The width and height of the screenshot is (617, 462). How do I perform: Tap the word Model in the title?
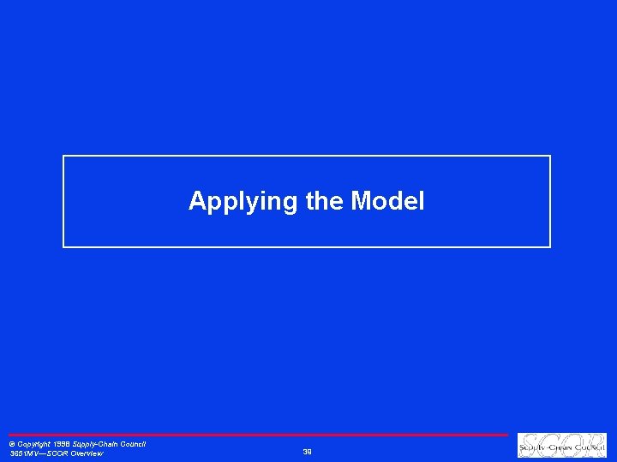tap(387, 202)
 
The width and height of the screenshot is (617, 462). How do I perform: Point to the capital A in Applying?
tap(196, 202)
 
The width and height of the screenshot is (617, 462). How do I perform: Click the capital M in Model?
tap(361, 202)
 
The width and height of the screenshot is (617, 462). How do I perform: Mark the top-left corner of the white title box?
tap(63, 156)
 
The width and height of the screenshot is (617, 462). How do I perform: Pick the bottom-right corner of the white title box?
tap(550, 247)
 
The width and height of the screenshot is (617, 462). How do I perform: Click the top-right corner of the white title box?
tap(550, 156)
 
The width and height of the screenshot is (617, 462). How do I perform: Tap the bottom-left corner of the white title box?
tap(63, 247)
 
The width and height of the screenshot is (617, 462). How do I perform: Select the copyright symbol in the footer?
tap(12, 445)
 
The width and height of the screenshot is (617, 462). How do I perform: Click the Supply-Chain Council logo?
tap(561, 445)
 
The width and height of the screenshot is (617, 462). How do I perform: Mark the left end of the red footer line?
tap(9, 435)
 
